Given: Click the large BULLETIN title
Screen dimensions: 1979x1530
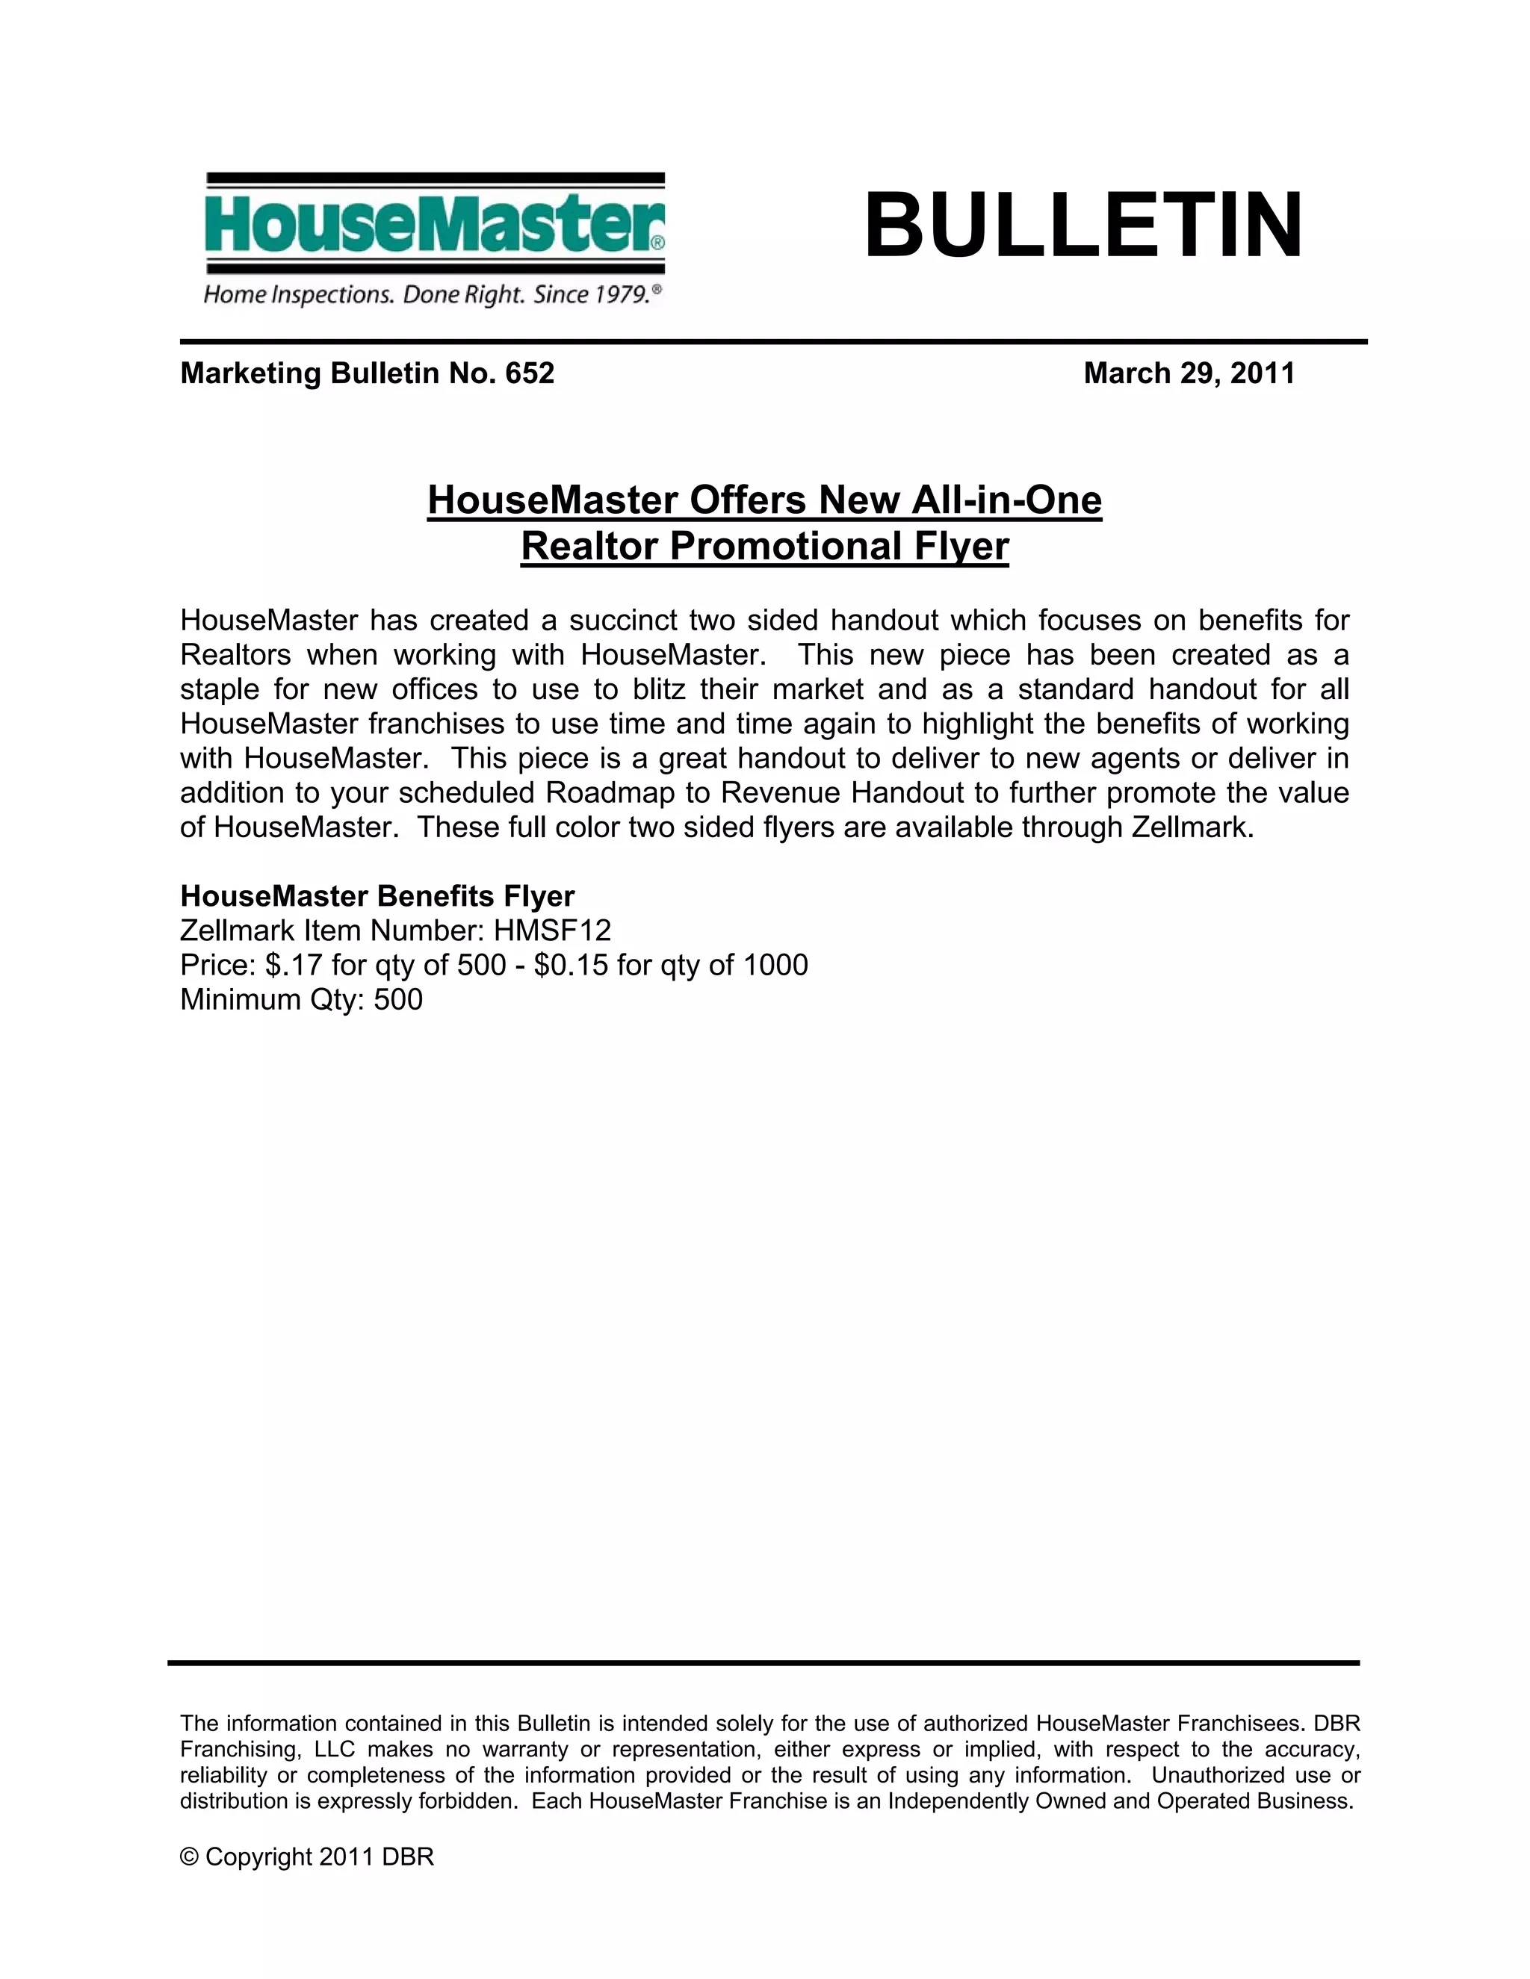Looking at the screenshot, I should (1083, 225).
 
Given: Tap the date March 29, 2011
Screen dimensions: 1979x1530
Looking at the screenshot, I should (1189, 373).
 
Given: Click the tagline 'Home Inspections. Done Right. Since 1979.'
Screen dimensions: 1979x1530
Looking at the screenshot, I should (433, 294).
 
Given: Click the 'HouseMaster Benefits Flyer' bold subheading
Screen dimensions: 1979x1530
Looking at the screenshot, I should (377, 896).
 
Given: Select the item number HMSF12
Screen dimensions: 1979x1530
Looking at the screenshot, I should (552, 931).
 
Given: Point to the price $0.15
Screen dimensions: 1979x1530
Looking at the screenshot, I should (571, 965).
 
